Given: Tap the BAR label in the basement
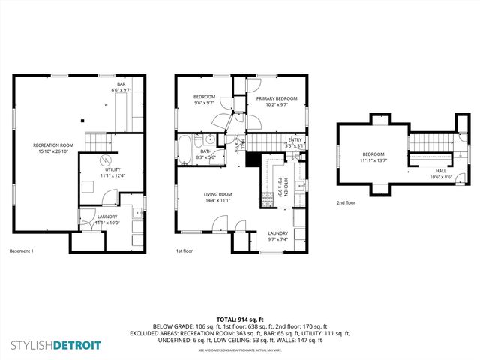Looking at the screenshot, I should pos(121,84).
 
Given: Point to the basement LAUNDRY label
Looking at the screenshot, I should pos(108,217).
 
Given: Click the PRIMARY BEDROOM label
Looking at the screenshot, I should pos(276,99).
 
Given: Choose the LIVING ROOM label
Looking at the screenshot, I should pos(218,195).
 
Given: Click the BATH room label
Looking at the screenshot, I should pos(205,152).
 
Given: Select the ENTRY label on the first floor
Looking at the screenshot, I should pos(295,139).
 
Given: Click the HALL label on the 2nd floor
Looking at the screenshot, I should pos(441,171).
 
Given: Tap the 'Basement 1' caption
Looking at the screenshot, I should pos(21,250).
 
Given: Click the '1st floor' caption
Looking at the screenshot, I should pos(184,250).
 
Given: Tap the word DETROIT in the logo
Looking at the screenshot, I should pos(77,346).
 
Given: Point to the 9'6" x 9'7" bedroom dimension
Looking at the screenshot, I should pos(205,103).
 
